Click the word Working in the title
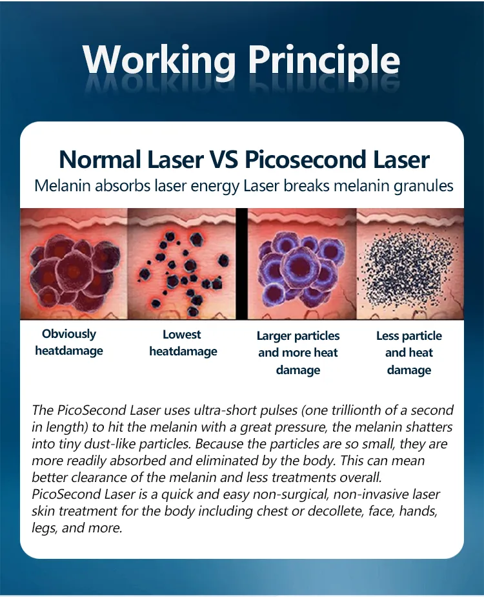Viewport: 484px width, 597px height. coord(159,61)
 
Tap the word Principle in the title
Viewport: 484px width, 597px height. coord(324,61)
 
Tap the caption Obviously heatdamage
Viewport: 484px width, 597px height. coord(68,342)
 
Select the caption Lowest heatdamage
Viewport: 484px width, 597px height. coord(183,343)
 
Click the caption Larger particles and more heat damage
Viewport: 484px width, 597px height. coord(297,353)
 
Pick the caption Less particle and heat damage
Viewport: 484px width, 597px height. coord(409,353)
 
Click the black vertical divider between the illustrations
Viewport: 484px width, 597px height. coord(242,264)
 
